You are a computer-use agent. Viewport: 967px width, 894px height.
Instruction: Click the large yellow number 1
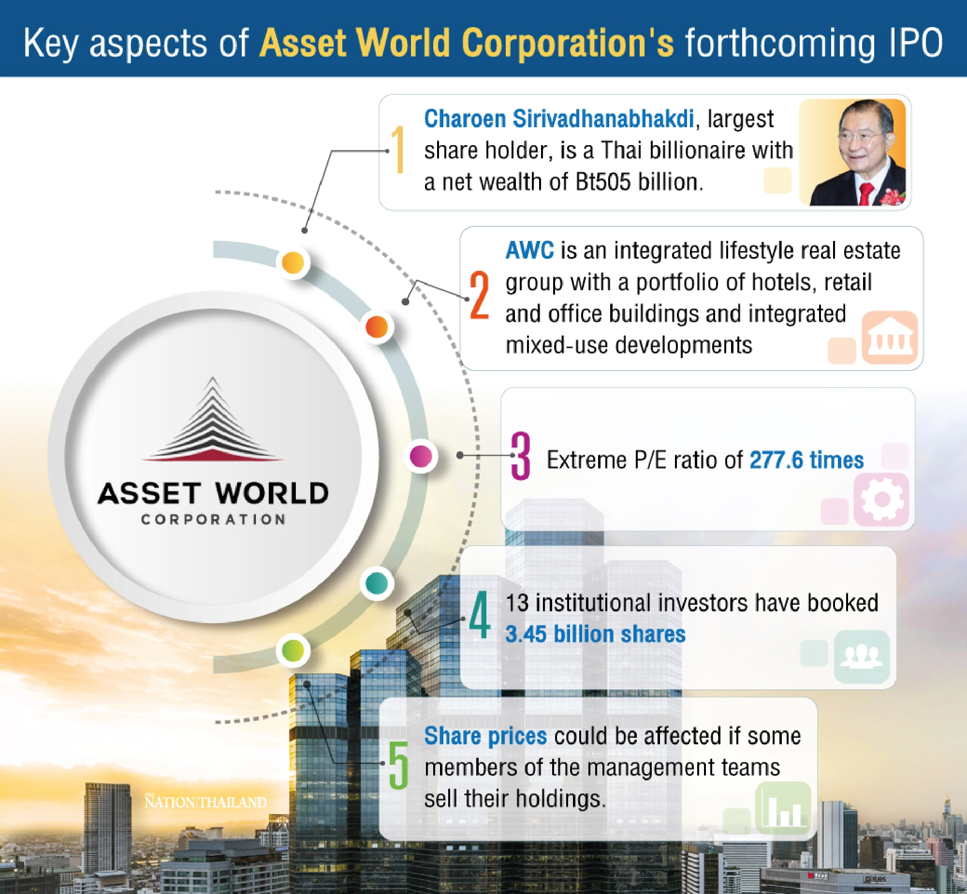398,149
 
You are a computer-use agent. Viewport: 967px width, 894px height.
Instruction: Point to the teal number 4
480,615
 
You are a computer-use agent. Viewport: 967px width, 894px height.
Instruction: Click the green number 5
398,766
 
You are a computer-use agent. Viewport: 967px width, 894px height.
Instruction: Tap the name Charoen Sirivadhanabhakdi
559,119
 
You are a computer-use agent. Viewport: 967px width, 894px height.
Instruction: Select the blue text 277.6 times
806,460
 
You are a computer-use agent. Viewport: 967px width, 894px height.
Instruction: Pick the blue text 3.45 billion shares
595,634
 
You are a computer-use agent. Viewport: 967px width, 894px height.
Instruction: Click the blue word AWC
529,251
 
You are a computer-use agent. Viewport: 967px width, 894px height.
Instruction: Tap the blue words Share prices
485,736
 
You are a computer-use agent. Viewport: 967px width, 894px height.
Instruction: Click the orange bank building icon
890,338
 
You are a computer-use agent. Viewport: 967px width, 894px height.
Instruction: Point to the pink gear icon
881,499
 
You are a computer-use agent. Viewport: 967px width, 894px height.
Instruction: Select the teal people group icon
862,656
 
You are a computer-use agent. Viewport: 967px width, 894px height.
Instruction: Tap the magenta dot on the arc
421,456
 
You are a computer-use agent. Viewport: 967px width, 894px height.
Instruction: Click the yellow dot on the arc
293,263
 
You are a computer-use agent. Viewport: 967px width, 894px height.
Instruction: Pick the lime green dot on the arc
293,650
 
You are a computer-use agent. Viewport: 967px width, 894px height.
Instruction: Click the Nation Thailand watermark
205,802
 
